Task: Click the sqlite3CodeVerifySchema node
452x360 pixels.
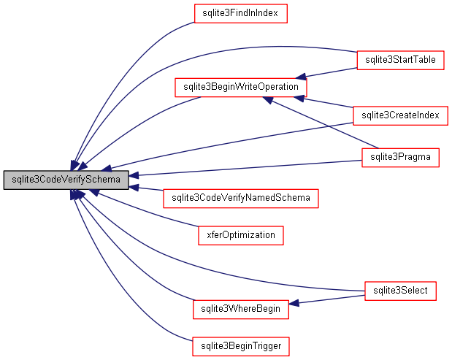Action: point(66,179)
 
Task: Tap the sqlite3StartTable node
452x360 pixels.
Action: point(400,60)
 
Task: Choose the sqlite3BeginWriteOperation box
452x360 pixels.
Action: point(241,87)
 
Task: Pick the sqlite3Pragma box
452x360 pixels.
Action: point(400,157)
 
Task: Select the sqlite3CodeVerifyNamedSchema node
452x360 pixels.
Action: point(241,198)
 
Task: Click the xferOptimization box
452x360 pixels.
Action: point(240,235)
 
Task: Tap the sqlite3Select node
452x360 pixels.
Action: point(400,291)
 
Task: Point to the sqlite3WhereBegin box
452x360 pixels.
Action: point(240,310)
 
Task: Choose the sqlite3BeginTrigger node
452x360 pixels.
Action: point(240,345)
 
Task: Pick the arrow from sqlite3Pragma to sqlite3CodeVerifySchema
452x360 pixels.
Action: point(248,167)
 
